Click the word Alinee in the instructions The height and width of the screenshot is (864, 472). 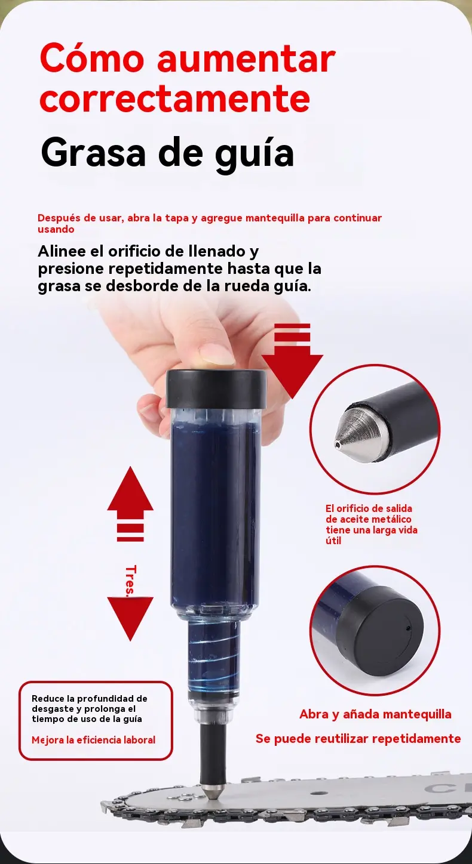point(62,251)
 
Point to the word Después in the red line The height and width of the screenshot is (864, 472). point(59,218)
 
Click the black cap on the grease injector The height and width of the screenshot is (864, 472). point(216,389)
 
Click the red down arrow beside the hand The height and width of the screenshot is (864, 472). point(292,361)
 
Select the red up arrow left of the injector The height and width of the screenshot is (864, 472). point(130,504)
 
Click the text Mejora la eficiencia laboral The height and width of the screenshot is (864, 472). point(93,740)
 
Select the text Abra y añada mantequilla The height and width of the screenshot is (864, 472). point(375,714)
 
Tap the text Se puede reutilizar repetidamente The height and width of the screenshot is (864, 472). point(358,739)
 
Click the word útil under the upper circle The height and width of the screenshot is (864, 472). point(333,541)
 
